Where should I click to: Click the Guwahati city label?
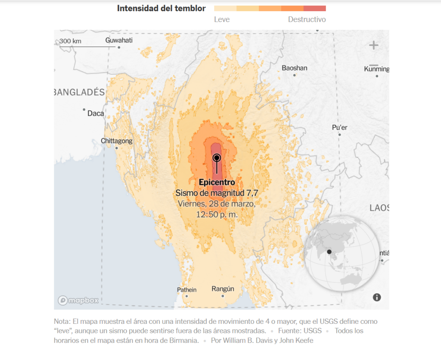pyautogui.click(x=119, y=41)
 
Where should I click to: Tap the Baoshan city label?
pyautogui.click(x=295, y=68)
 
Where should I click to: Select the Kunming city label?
pyautogui.click(x=376, y=69)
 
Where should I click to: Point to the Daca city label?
pyautogui.click(x=96, y=113)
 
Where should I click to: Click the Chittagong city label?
pyautogui.click(x=117, y=141)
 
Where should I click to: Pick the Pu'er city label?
pyautogui.click(x=339, y=128)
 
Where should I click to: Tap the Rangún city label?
pyautogui.click(x=223, y=289)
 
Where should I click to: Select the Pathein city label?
pyautogui.click(x=187, y=290)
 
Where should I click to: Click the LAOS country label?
pyautogui.click(x=379, y=208)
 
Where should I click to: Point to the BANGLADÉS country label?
pyautogui.click(x=79, y=92)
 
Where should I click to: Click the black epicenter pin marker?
pyautogui.click(x=217, y=158)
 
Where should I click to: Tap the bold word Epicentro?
pyautogui.click(x=217, y=182)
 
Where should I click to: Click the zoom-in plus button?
pyautogui.click(x=373, y=45)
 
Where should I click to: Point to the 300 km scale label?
pyautogui.click(x=70, y=41)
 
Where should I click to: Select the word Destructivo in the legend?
pyautogui.click(x=307, y=19)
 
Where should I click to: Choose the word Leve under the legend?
pyautogui.click(x=222, y=19)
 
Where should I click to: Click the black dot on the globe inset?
pyautogui.click(x=329, y=252)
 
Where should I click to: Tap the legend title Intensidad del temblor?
pyautogui.click(x=161, y=8)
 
